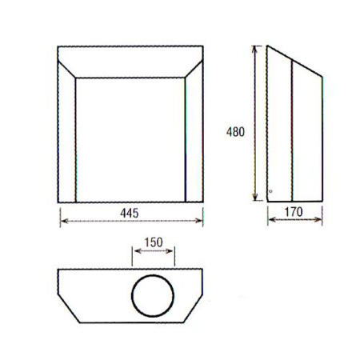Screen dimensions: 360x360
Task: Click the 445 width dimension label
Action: pyautogui.click(x=130, y=213)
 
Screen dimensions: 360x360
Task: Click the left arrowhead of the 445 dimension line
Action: pyautogui.click(x=62, y=222)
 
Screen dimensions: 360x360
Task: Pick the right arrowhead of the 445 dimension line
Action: pyautogui.click(x=200, y=222)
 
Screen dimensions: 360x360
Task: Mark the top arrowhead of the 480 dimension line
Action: pyautogui.click(x=255, y=48)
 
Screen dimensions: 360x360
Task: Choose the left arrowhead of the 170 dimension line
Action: pyautogui.click(x=269, y=222)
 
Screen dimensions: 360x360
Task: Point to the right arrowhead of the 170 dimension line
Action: pyautogui.click(x=320, y=222)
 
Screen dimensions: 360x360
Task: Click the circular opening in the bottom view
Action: pyautogui.click(x=153, y=295)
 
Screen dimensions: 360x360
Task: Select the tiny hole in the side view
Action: pyautogui.click(x=271, y=190)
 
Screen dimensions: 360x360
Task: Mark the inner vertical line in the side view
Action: pyautogui.click(x=294, y=132)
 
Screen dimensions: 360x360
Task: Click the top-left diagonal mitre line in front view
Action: pyautogui.click(x=67, y=63)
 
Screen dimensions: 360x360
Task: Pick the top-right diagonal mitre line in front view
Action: pyautogui.click(x=194, y=63)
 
